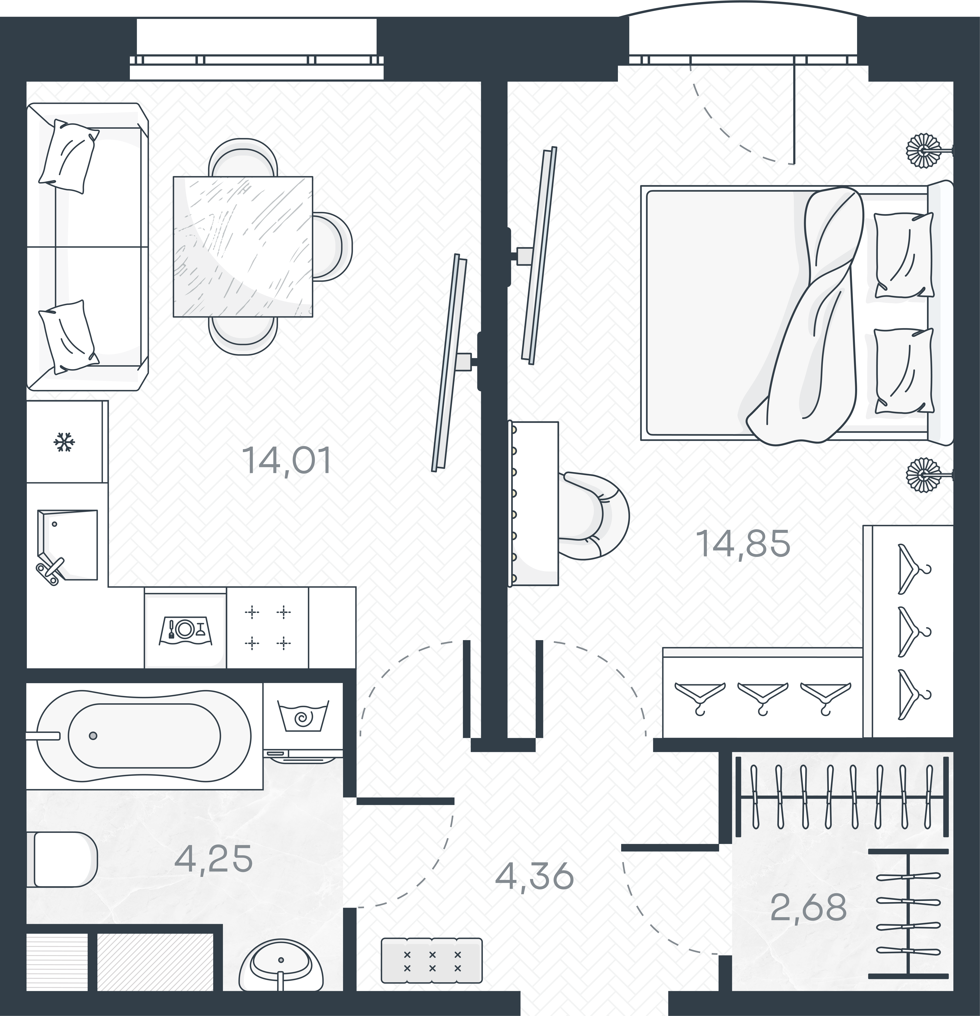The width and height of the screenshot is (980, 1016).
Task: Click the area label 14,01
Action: click(x=286, y=460)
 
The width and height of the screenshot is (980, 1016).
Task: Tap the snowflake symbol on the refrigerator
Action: click(x=64, y=442)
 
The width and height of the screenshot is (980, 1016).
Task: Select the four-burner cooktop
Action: click(x=268, y=628)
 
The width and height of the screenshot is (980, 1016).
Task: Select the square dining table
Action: click(x=243, y=246)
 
